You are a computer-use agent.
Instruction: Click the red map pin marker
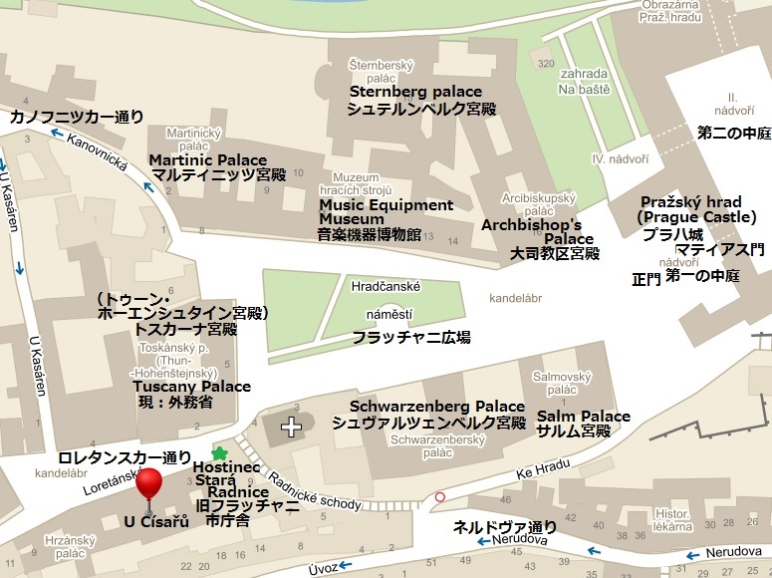click(x=148, y=484)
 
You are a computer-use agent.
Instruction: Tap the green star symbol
click(x=219, y=454)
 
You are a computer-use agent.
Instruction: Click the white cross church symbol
click(x=291, y=428)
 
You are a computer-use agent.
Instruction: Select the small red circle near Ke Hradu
click(x=440, y=496)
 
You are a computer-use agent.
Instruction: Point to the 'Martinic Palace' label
click(x=208, y=159)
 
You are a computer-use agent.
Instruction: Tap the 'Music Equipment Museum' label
click(x=386, y=211)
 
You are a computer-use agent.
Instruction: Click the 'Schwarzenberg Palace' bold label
click(x=436, y=407)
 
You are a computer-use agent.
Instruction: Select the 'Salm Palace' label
click(x=584, y=416)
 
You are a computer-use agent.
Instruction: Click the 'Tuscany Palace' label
click(x=192, y=386)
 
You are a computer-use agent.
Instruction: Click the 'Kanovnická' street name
click(x=99, y=158)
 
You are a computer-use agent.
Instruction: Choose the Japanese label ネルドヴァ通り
click(x=505, y=526)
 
